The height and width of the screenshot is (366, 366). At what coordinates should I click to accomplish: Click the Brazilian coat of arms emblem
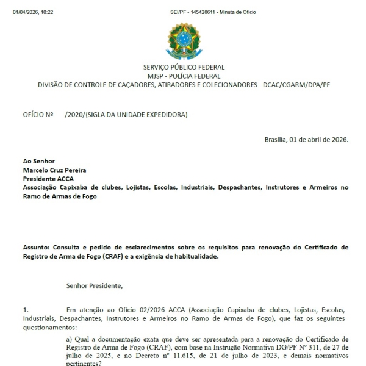[x=183, y=40]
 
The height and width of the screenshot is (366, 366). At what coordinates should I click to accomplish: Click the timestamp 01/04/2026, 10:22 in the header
[x=33, y=12]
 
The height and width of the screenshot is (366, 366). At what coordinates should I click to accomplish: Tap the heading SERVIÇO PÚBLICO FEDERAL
[x=183, y=67]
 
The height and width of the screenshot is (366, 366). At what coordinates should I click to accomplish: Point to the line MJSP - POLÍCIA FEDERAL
[x=183, y=76]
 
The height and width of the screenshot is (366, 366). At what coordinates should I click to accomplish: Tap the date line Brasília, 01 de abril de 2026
[x=306, y=140]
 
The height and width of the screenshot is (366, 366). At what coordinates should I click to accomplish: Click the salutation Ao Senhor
[x=39, y=162]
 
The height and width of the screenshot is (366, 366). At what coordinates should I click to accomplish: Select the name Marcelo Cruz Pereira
[x=54, y=170]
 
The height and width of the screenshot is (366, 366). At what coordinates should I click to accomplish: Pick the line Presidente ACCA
[x=48, y=179]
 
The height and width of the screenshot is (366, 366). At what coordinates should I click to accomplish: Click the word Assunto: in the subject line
[x=37, y=248]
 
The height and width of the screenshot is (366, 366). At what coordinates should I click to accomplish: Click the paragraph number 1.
[x=25, y=310]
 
